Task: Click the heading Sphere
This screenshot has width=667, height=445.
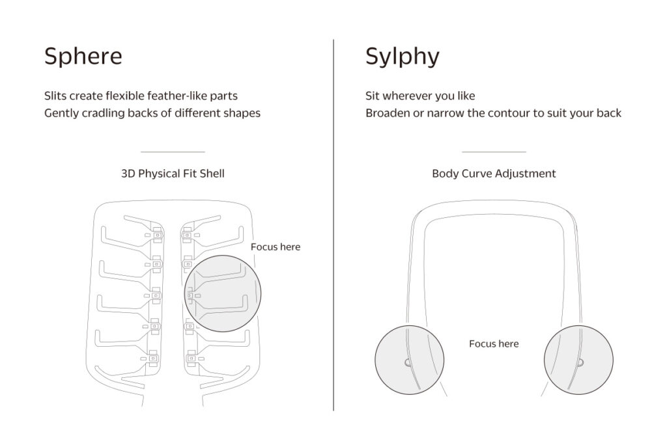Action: click(x=83, y=56)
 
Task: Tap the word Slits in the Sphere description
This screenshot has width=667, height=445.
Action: click(x=55, y=96)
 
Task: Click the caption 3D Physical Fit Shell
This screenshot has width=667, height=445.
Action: click(x=173, y=174)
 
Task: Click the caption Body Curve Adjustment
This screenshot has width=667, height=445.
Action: click(x=494, y=174)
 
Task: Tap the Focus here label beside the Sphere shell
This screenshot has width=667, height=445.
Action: click(x=276, y=247)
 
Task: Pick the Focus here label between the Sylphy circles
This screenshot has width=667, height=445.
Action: click(x=494, y=344)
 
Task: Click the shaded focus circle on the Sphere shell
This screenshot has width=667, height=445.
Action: click(x=223, y=293)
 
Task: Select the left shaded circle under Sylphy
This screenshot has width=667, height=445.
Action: click(x=409, y=360)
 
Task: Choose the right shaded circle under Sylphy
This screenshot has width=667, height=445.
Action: click(x=578, y=360)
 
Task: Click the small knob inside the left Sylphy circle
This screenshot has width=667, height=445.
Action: click(x=408, y=362)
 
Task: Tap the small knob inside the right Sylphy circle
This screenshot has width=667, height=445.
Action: click(x=580, y=362)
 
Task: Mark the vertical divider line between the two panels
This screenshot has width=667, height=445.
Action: click(x=333, y=225)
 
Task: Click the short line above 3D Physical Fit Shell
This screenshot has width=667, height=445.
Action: click(x=173, y=152)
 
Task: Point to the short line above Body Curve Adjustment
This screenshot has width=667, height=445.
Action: click(x=494, y=152)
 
